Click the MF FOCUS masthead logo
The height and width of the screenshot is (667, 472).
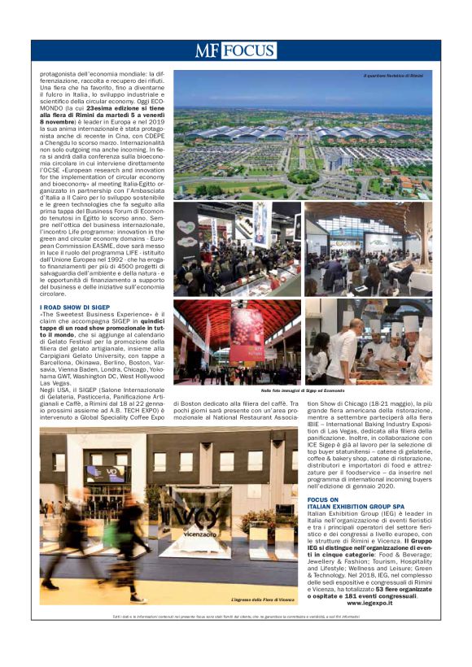click(235, 51)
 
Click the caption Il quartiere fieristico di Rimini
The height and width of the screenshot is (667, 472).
click(394, 76)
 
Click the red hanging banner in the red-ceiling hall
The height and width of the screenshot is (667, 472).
click(247, 333)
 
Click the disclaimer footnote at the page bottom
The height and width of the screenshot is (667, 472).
click(235, 617)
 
